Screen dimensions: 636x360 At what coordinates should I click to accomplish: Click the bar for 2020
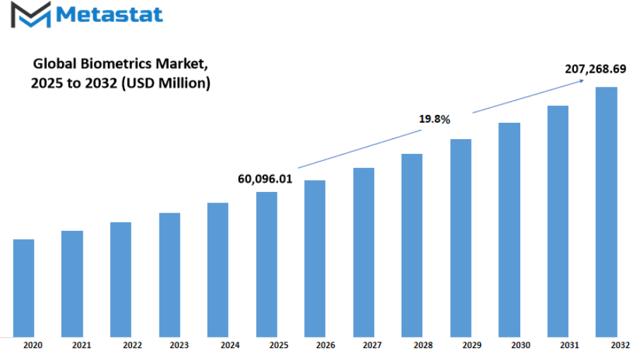click(x=23, y=288)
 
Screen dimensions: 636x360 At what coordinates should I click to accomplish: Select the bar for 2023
click(x=169, y=275)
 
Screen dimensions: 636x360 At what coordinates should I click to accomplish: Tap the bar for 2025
click(x=267, y=264)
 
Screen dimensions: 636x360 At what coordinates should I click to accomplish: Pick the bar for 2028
click(x=412, y=245)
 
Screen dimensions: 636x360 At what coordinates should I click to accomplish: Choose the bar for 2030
click(x=509, y=230)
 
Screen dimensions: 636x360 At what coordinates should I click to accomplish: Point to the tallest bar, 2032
click(x=606, y=212)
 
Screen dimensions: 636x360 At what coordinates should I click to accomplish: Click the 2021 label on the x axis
click(x=81, y=345)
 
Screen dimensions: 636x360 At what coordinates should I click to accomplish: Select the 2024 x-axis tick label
click(x=230, y=345)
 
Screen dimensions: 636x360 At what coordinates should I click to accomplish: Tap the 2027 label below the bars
click(x=372, y=345)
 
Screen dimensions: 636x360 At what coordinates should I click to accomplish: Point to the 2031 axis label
click(x=570, y=345)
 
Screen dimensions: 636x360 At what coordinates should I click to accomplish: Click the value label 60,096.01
click(x=265, y=179)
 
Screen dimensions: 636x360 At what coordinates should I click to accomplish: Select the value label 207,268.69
click(x=596, y=69)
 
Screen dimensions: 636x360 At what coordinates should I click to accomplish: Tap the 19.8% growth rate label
click(x=434, y=119)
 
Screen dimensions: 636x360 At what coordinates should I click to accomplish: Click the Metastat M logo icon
click(x=31, y=15)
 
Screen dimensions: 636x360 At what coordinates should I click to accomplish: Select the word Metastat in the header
click(x=109, y=15)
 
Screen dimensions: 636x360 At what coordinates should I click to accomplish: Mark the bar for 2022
click(x=121, y=280)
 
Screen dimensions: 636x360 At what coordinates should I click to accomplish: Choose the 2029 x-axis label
click(x=472, y=345)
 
